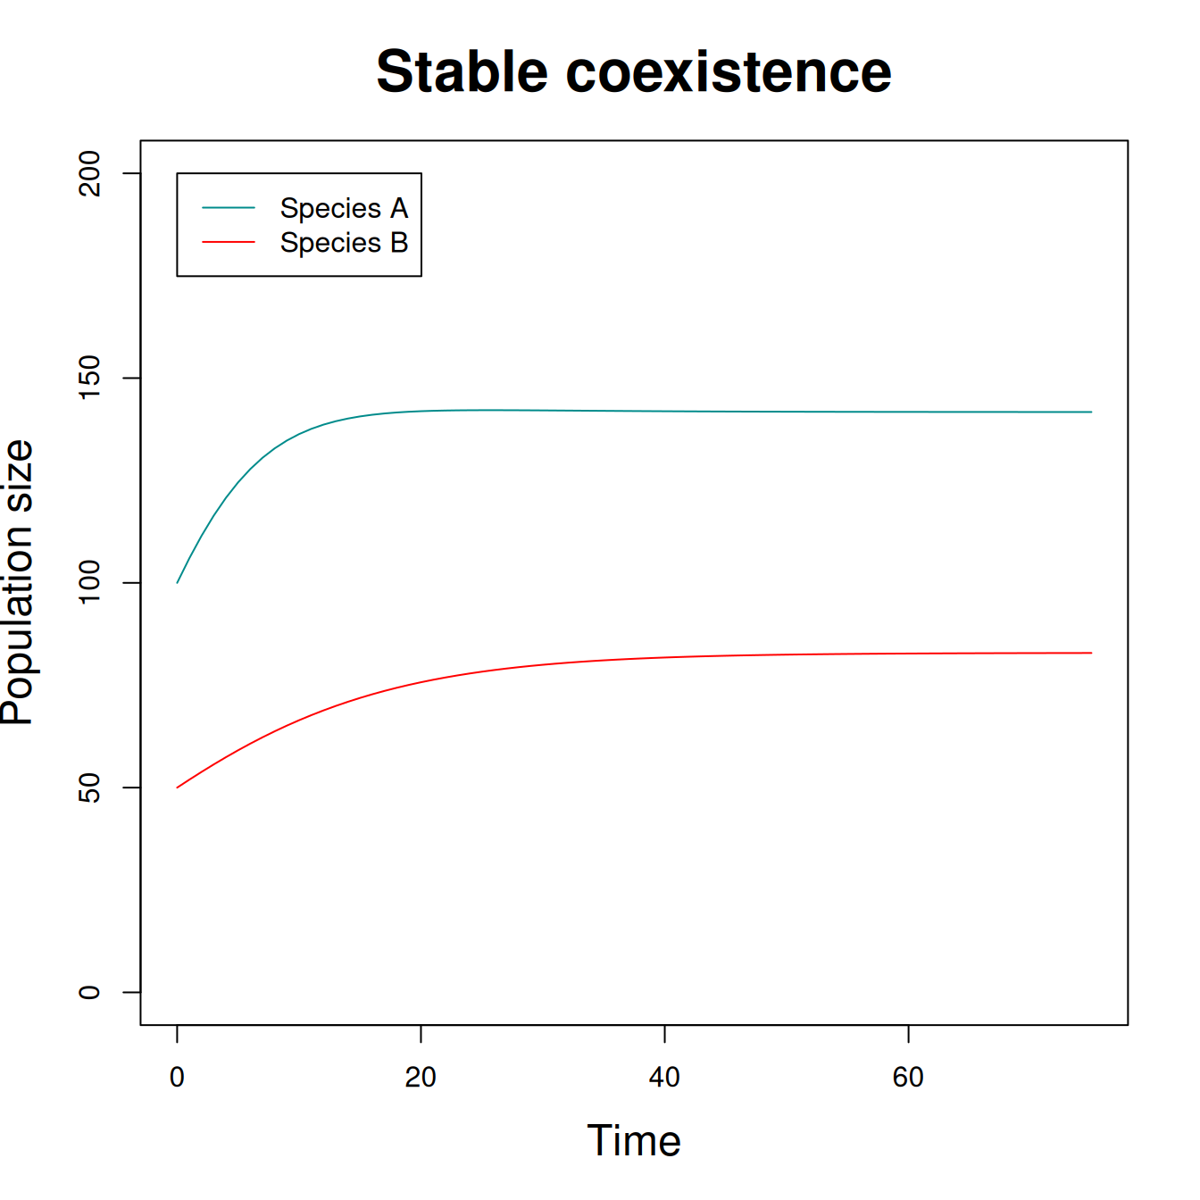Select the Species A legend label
[x=344, y=208]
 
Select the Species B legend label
[x=344, y=242]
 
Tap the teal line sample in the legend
[x=229, y=207]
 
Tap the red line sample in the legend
[x=229, y=242]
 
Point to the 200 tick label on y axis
[x=89, y=173]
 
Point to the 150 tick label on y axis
[x=89, y=378]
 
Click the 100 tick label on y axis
[x=89, y=582]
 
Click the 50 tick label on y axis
[x=89, y=787]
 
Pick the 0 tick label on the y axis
[x=89, y=992]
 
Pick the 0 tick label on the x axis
[x=177, y=1078]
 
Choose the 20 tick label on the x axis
[x=421, y=1078]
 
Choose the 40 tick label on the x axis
[x=664, y=1078]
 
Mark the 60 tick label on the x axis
[x=908, y=1078]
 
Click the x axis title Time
[x=634, y=1141]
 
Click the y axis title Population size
[x=18, y=582]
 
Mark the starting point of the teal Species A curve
[x=178, y=583]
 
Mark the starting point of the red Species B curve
[x=178, y=787]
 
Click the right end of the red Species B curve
[x=1092, y=653]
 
